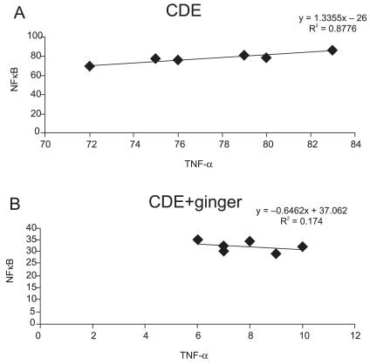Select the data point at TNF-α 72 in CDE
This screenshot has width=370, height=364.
89,66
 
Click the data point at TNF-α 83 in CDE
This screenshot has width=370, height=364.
332,51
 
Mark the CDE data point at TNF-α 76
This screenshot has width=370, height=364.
178,60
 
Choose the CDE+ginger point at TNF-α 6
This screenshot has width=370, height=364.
197,239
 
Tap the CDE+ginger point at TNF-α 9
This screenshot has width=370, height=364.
277,253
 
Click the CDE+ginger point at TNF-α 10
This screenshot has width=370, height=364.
303,246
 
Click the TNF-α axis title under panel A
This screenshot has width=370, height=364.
199,162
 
